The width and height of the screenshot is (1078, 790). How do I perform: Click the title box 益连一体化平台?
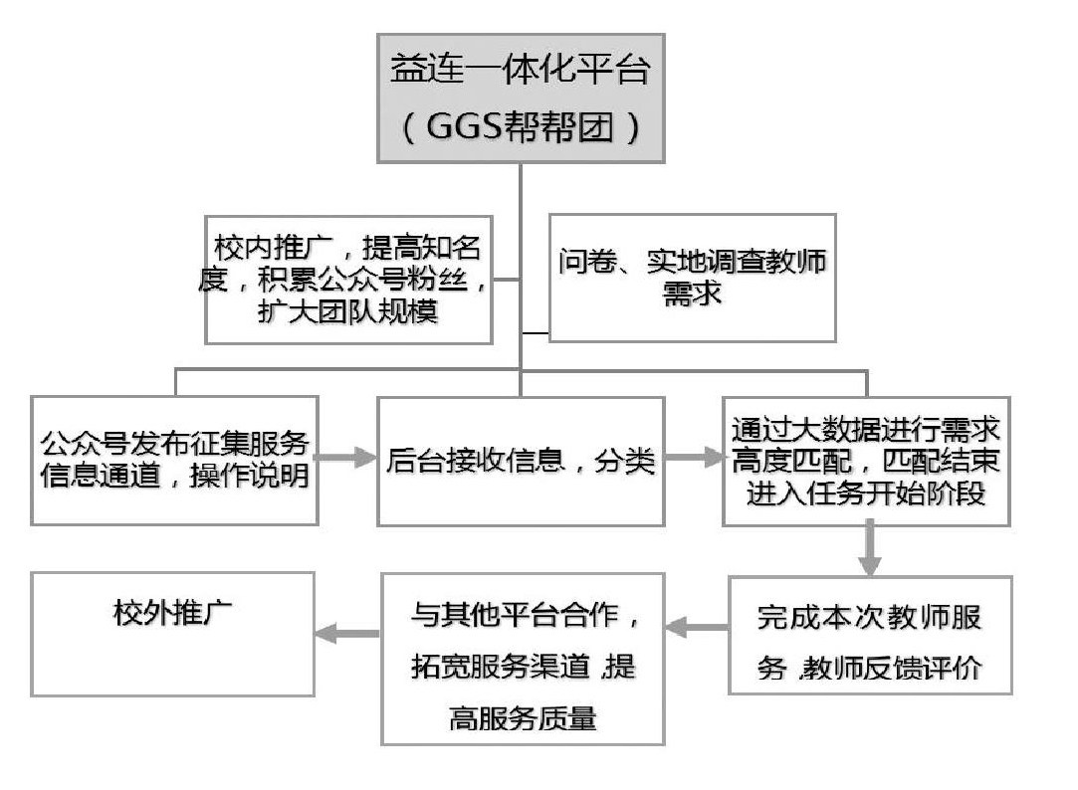[521, 98]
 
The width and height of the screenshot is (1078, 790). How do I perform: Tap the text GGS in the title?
[465, 128]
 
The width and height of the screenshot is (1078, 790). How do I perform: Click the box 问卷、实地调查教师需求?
[692, 278]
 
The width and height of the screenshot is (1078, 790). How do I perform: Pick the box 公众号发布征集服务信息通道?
[175, 461]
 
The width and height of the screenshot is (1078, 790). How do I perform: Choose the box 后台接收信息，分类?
[521, 461]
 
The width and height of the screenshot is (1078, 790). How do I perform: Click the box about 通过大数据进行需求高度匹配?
[867, 461]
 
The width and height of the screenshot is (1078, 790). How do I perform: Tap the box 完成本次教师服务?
[870, 634]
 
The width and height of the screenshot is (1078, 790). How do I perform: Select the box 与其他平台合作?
[523, 659]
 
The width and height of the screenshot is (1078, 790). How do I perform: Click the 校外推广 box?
[173, 632]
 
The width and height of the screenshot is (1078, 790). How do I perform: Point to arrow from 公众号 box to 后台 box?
[346, 461]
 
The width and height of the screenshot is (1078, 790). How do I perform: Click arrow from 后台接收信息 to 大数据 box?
[693, 461]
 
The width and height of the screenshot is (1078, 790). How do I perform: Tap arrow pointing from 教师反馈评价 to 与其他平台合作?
[696, 628]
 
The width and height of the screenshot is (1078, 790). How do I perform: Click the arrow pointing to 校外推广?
[348, 631]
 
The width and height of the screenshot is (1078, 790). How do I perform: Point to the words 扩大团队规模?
[348, 310]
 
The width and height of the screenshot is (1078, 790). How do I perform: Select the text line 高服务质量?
[523, 717]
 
